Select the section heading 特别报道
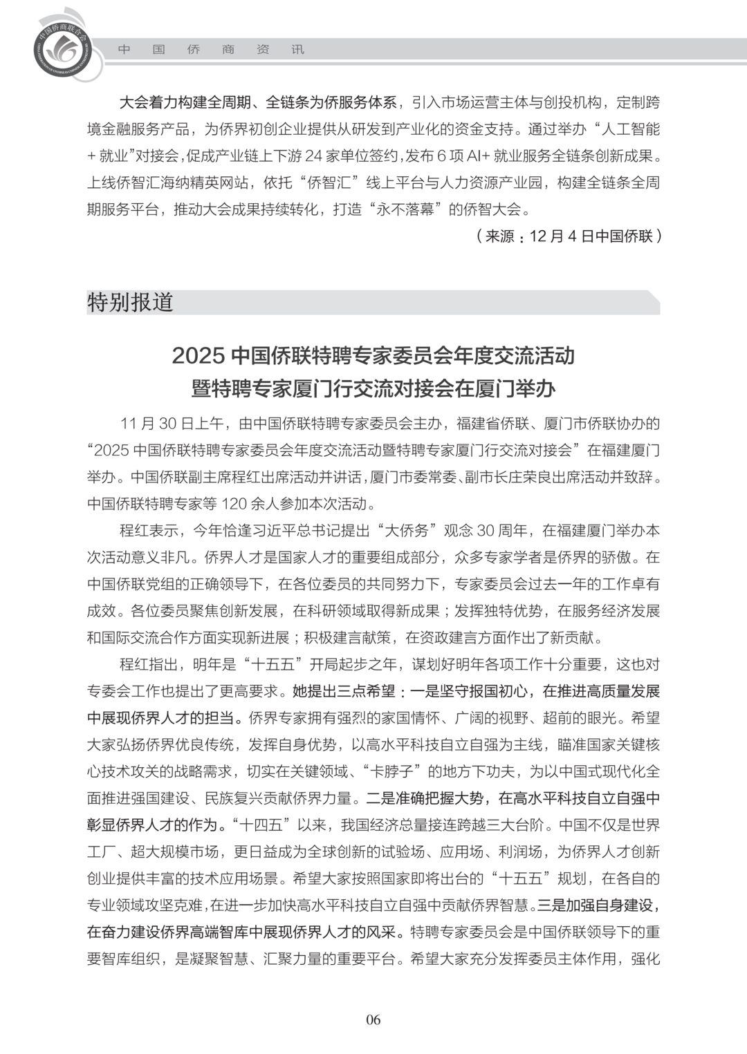point(130,302)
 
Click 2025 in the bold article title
point(199,356)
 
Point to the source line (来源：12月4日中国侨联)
point(569,236)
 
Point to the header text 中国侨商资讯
point(211,50)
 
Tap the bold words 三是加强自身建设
point(594,905)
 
